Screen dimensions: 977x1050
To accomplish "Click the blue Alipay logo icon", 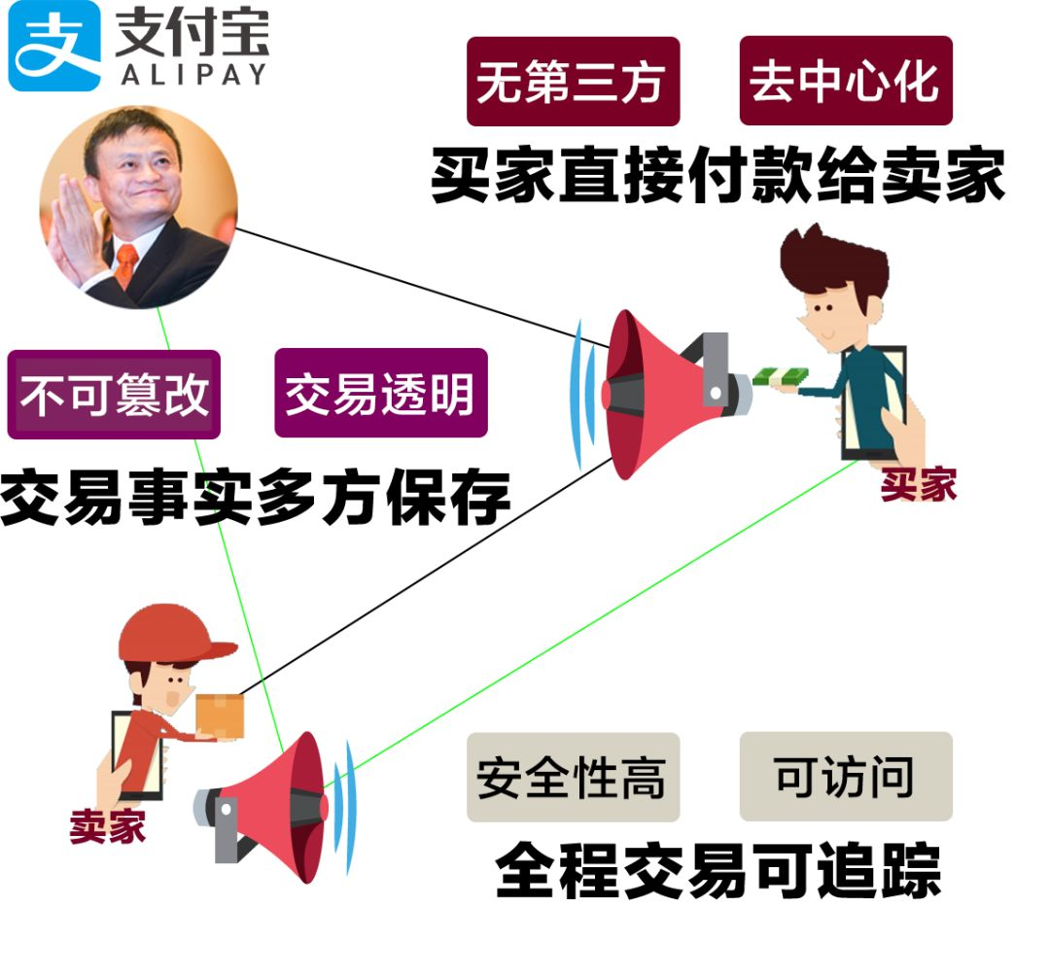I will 54,47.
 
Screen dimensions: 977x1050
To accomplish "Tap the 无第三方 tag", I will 573,82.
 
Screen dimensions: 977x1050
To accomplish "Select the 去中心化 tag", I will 845,82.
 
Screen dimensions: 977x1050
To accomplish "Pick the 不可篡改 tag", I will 114,395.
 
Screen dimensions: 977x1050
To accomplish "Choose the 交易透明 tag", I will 380,393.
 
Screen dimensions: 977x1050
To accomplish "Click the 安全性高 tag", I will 573,778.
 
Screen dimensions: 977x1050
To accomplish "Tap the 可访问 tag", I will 845,777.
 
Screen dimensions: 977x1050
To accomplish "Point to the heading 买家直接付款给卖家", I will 717,176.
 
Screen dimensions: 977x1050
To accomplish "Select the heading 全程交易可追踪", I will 717,868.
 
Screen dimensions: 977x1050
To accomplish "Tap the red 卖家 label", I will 107,827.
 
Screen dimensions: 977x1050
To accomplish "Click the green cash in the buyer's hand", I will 782,377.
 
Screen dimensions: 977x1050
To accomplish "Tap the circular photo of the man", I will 138,208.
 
